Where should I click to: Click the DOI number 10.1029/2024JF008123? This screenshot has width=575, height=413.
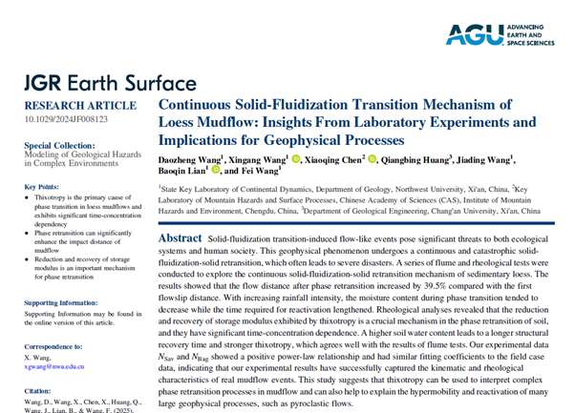tap(66, 117)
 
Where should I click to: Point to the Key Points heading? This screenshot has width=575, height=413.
tap(43, 186)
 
